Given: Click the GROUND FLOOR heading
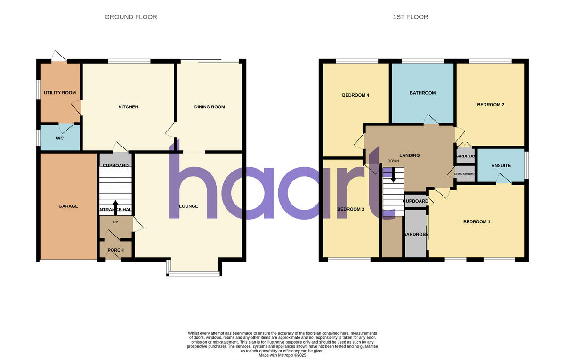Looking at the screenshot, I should coord(130,17).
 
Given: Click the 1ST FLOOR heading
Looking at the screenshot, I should coord(410,17).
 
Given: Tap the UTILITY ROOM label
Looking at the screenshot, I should coord(60,93).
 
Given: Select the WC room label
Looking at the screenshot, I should coord(60,138).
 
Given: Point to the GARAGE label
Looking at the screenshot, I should coord(68,206).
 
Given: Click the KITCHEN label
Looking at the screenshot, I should coord(128,107).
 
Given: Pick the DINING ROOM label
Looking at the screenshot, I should coord(210,107).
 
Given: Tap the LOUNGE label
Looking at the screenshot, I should coord(188,206).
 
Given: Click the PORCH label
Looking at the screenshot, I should coord(115,250).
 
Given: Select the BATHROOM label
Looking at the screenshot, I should coord(422,93).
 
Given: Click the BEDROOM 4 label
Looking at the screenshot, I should coord(355,95).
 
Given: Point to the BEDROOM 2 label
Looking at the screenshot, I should coord(490,105).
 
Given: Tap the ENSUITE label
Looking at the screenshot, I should coord(501,165).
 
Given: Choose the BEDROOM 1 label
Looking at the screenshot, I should coord(476,221).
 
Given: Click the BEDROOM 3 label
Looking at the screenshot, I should coord(351,209).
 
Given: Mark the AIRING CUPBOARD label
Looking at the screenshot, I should coord(465,174).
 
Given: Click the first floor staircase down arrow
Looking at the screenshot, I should coord(393,176).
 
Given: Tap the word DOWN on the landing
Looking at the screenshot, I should coord(393,161).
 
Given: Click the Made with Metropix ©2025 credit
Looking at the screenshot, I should coord(282,355).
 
